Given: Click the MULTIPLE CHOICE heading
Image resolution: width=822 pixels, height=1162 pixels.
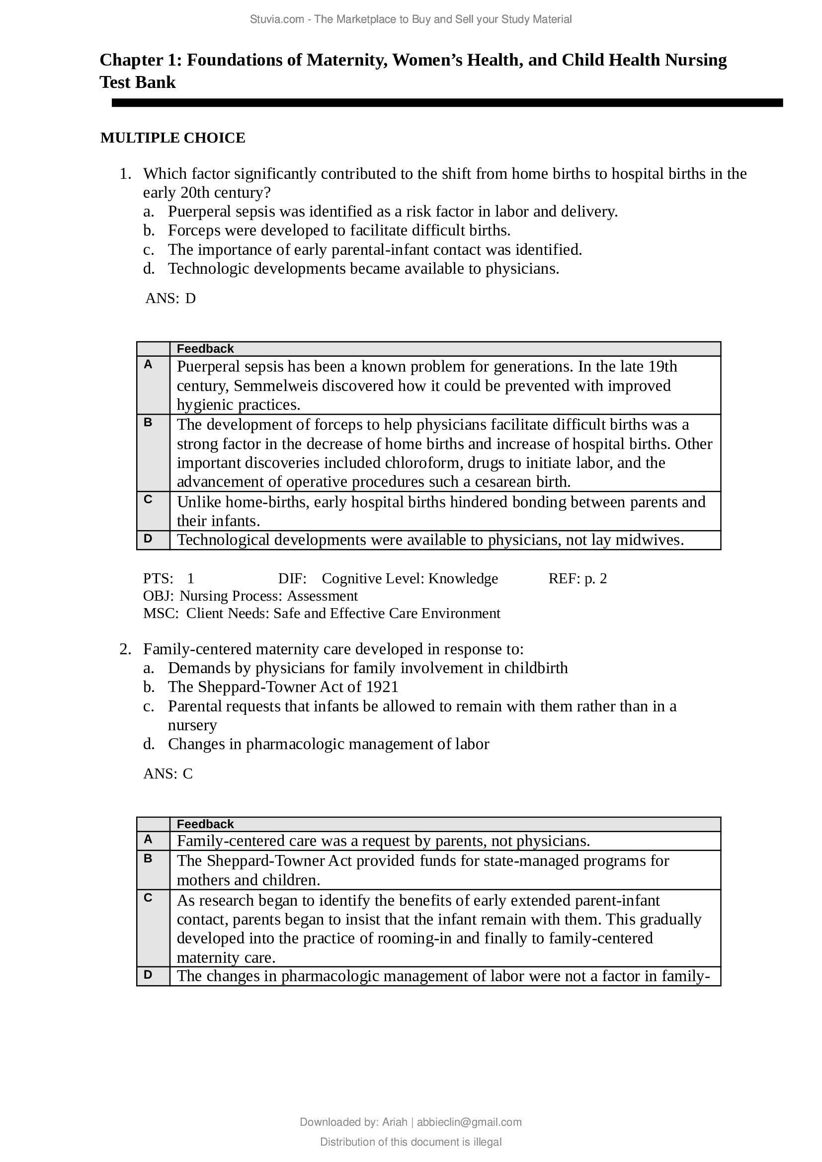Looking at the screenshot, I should pos(172,138).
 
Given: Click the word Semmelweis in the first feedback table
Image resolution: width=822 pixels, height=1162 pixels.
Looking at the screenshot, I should pos(276,386).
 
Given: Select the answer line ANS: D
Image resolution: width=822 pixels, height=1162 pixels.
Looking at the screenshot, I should pos(170,298).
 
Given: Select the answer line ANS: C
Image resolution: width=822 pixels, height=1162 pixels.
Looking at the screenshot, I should pos(168,774).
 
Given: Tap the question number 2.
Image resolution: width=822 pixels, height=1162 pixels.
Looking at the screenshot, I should pos(125,649).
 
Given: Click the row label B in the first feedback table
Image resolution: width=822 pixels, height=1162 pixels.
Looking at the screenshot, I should pos(148,422).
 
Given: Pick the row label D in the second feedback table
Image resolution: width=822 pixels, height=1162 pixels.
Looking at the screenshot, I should pos(148,974).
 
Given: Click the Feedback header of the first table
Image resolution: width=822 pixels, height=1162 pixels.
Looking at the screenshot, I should pos(205,349).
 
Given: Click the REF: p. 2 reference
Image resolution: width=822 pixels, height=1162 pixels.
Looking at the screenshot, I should pos(577,578).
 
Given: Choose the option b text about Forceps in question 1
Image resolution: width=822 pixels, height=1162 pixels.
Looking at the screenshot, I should pos(339,231).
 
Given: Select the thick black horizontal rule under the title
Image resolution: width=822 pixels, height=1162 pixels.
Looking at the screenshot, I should pos(447,103).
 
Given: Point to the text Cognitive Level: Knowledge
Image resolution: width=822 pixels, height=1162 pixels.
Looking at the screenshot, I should pos(410,578).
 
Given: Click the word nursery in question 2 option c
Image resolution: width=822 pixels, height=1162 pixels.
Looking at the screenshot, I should pos(192,725).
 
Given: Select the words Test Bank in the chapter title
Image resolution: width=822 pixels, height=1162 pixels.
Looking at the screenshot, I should pos(138,82).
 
